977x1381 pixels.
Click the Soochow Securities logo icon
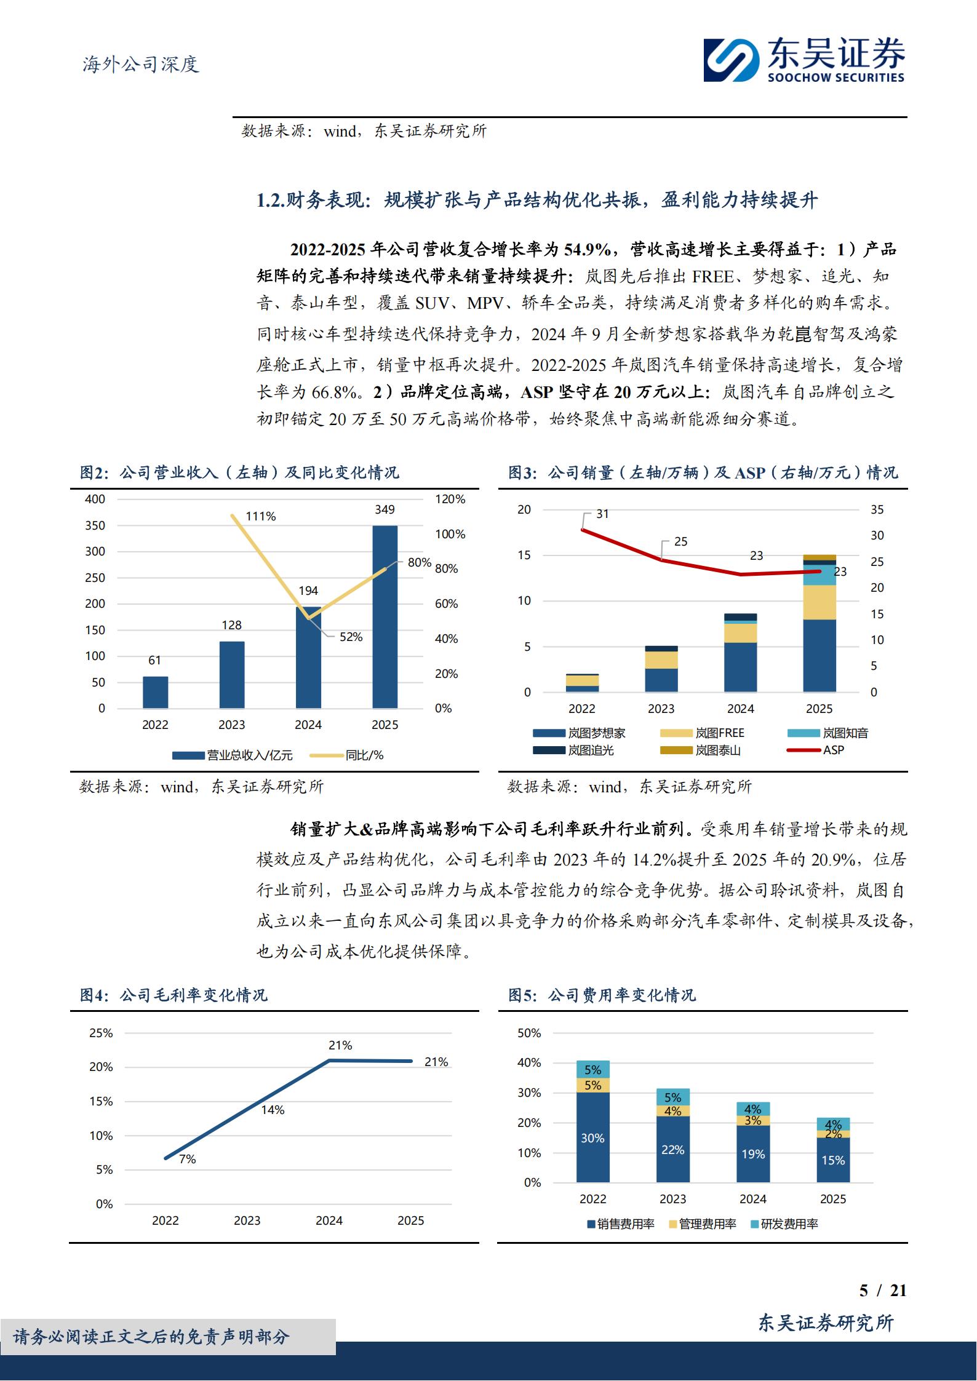tap(732, 60)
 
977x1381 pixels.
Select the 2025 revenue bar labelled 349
tap(385, 616)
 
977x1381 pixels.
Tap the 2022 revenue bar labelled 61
tap(155, 692)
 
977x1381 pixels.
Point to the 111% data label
tap(261, 516)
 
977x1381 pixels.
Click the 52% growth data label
tap(351, 637)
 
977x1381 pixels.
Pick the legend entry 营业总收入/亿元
tap(233, 755)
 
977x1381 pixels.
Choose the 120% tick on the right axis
tap(450, 499)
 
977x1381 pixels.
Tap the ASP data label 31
tap(602, 514)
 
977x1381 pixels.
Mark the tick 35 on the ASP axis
tap(877, 509)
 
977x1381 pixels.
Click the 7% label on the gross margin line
tap(187, 1159)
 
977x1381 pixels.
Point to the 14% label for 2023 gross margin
tap(273, 1110)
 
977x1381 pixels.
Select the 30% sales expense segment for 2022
tap(593, 1137)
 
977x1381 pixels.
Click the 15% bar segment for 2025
tap(833, 1160)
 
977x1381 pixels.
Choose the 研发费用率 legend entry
tap(784, 1224)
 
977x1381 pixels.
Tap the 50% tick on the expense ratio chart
tap(529, 1033)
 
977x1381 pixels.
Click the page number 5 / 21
tap(883, 1290)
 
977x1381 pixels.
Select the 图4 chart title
tap(174, 995)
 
